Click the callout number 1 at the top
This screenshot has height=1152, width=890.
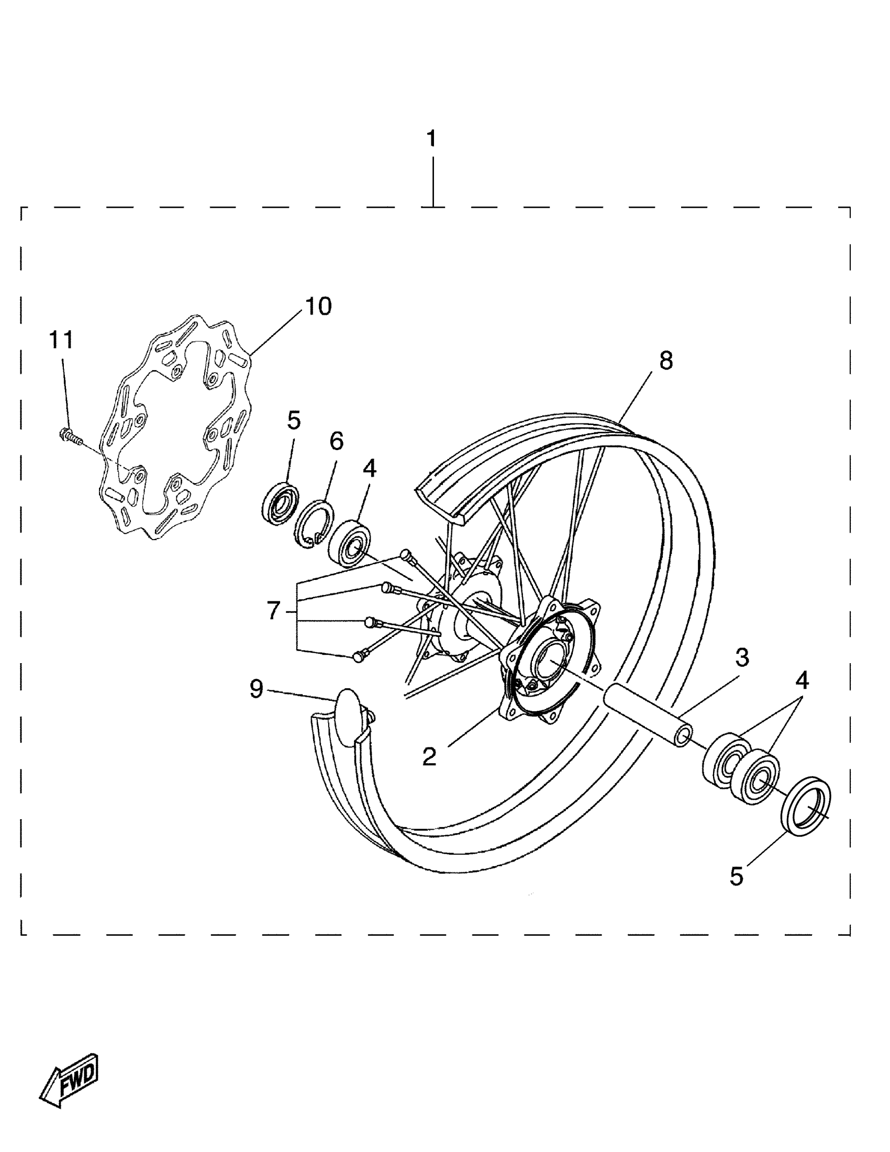click(431, 139)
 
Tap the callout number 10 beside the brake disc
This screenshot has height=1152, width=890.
click(318, 307)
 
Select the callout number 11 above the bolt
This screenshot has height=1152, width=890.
click(61, 340)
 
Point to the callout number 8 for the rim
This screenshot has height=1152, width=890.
click(666, 361)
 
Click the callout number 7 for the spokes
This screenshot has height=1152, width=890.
click(273, 611)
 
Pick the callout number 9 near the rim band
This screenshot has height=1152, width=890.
click(257, 688)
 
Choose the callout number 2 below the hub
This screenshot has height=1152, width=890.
click(429, 757)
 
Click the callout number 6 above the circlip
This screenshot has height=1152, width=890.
click(336, 441)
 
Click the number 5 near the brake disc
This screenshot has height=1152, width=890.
click(294, 420)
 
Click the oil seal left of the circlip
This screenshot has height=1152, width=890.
click(280, 503)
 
